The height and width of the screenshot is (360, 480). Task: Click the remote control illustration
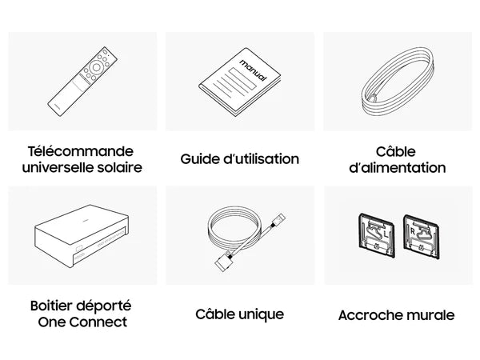click(82, 82)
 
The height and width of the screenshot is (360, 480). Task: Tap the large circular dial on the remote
click(96, 67)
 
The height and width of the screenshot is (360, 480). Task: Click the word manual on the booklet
click(253, 70)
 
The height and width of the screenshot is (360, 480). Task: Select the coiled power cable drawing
click(398, 82)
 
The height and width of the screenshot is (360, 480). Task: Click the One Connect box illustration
click(82, 236)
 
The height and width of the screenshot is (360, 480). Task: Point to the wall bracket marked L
click(377, 235)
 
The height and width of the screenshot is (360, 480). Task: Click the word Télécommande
click(81, 151)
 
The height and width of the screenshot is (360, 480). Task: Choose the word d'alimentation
click(398, 168)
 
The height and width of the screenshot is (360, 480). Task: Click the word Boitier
click(51, 306)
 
